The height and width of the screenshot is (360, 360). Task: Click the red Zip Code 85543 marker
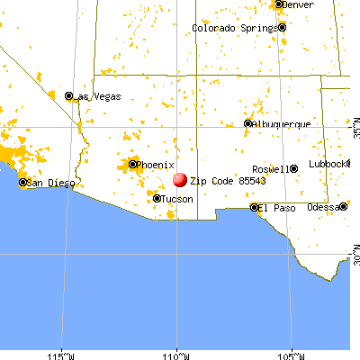[x=179, y=180]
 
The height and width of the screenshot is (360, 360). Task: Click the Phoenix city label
[x=156, y=165]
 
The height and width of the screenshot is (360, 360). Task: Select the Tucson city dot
[x=157, y=199]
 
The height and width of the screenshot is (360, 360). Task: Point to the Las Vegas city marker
[x=69, y=95]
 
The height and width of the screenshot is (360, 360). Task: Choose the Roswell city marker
[x=294, y=169]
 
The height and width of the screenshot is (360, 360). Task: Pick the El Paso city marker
[x=254, y=207]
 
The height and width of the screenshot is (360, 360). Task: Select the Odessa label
[x=321, y=208]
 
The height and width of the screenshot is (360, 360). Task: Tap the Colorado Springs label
[x=235, y=28]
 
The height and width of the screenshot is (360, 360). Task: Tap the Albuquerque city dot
[x=248, y=123]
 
